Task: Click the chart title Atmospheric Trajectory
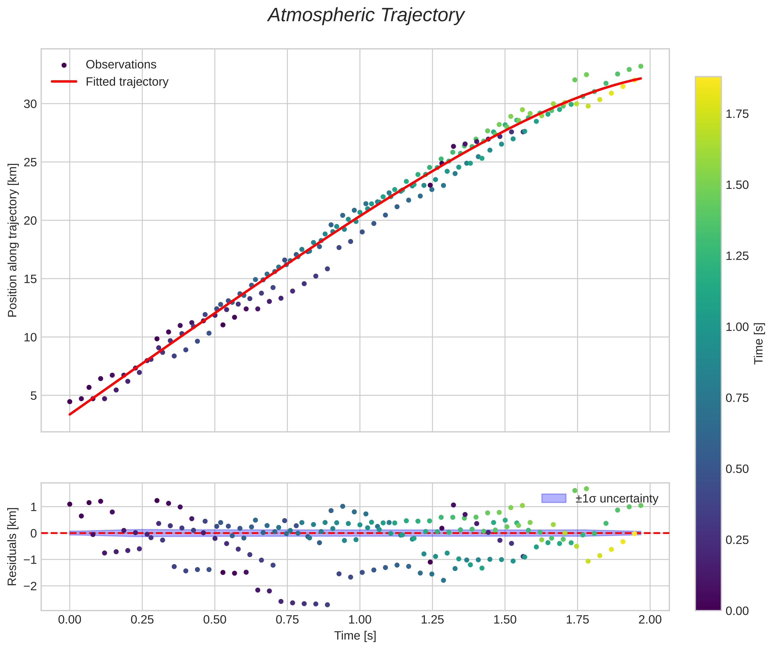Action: pyautogui.click(x=366, y=15)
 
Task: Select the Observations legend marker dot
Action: pyautogui.click(x=64, y=65)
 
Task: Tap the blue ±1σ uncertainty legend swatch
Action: pyautogui.click(x=554, y=498)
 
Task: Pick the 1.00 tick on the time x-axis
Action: pyautogui.click(x=360, y=620)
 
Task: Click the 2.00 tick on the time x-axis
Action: pyautogui.click(x=650, y=620)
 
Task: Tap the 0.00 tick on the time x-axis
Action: pyautogui.click(x=70, y=620)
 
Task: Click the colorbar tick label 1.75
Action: pyautogui.click(x=737, y=114)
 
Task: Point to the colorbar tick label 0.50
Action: pyautogui.click(x=737, y=469)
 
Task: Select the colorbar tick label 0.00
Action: pyautogui.click(x=737, y=611)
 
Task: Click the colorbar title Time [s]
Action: pyautogui.click(x=759, y=343)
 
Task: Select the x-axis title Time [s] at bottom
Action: pyautogui.click(x=355, y=636)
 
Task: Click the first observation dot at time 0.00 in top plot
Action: pyautogui.click(x=70, y=401)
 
